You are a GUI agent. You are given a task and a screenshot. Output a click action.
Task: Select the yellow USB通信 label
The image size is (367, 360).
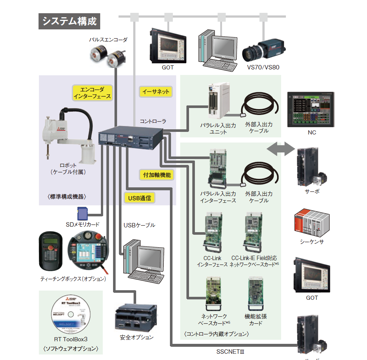click(139, 198)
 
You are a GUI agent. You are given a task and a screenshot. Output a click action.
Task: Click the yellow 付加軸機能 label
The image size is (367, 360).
click(157, 175)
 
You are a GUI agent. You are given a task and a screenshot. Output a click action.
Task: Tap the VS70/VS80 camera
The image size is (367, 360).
click(262, 50)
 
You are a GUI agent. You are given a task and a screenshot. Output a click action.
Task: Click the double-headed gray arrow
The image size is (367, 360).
click(281, 149)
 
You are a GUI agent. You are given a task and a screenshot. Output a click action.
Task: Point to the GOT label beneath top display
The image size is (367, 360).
click(168, 68)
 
